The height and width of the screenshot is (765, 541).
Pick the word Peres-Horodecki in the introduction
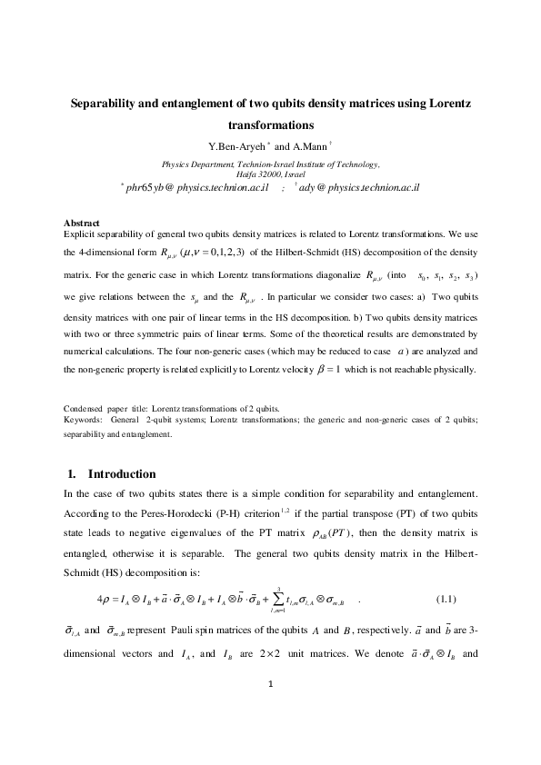coord(149,513)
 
